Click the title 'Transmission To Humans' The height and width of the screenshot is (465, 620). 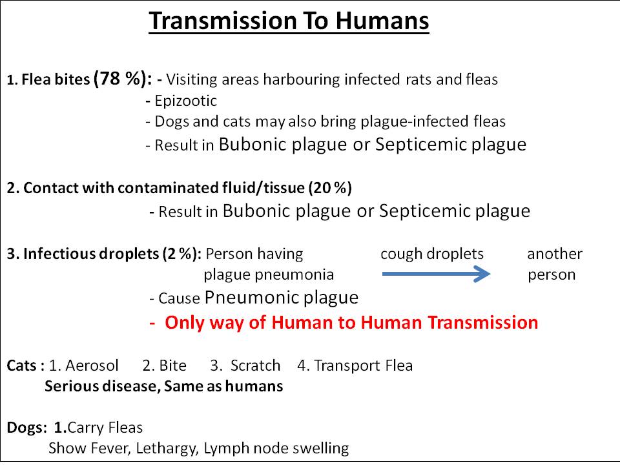[x=289, y=21]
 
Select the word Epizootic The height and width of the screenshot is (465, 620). [x=186, y=101]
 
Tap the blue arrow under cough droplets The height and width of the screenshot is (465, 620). [x=436, y=274]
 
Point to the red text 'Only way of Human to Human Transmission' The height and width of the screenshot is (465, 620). [x=351, y=322]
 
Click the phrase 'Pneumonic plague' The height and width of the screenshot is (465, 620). [x=282, y=297]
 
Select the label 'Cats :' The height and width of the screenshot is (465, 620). [x=26, y=366]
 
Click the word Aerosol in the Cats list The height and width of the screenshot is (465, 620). [x=92, y=366]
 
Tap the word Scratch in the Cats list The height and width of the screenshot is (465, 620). [x=256, y=366]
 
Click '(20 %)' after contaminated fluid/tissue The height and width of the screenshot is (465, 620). [x=330, y=188]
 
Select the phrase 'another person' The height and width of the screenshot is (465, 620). [x=555, y=264]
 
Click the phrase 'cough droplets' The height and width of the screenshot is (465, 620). [x=432, y=254]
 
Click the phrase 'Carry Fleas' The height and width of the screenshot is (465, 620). [x=105, y=428]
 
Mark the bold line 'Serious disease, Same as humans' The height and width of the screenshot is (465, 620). [x=163, y=386]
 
